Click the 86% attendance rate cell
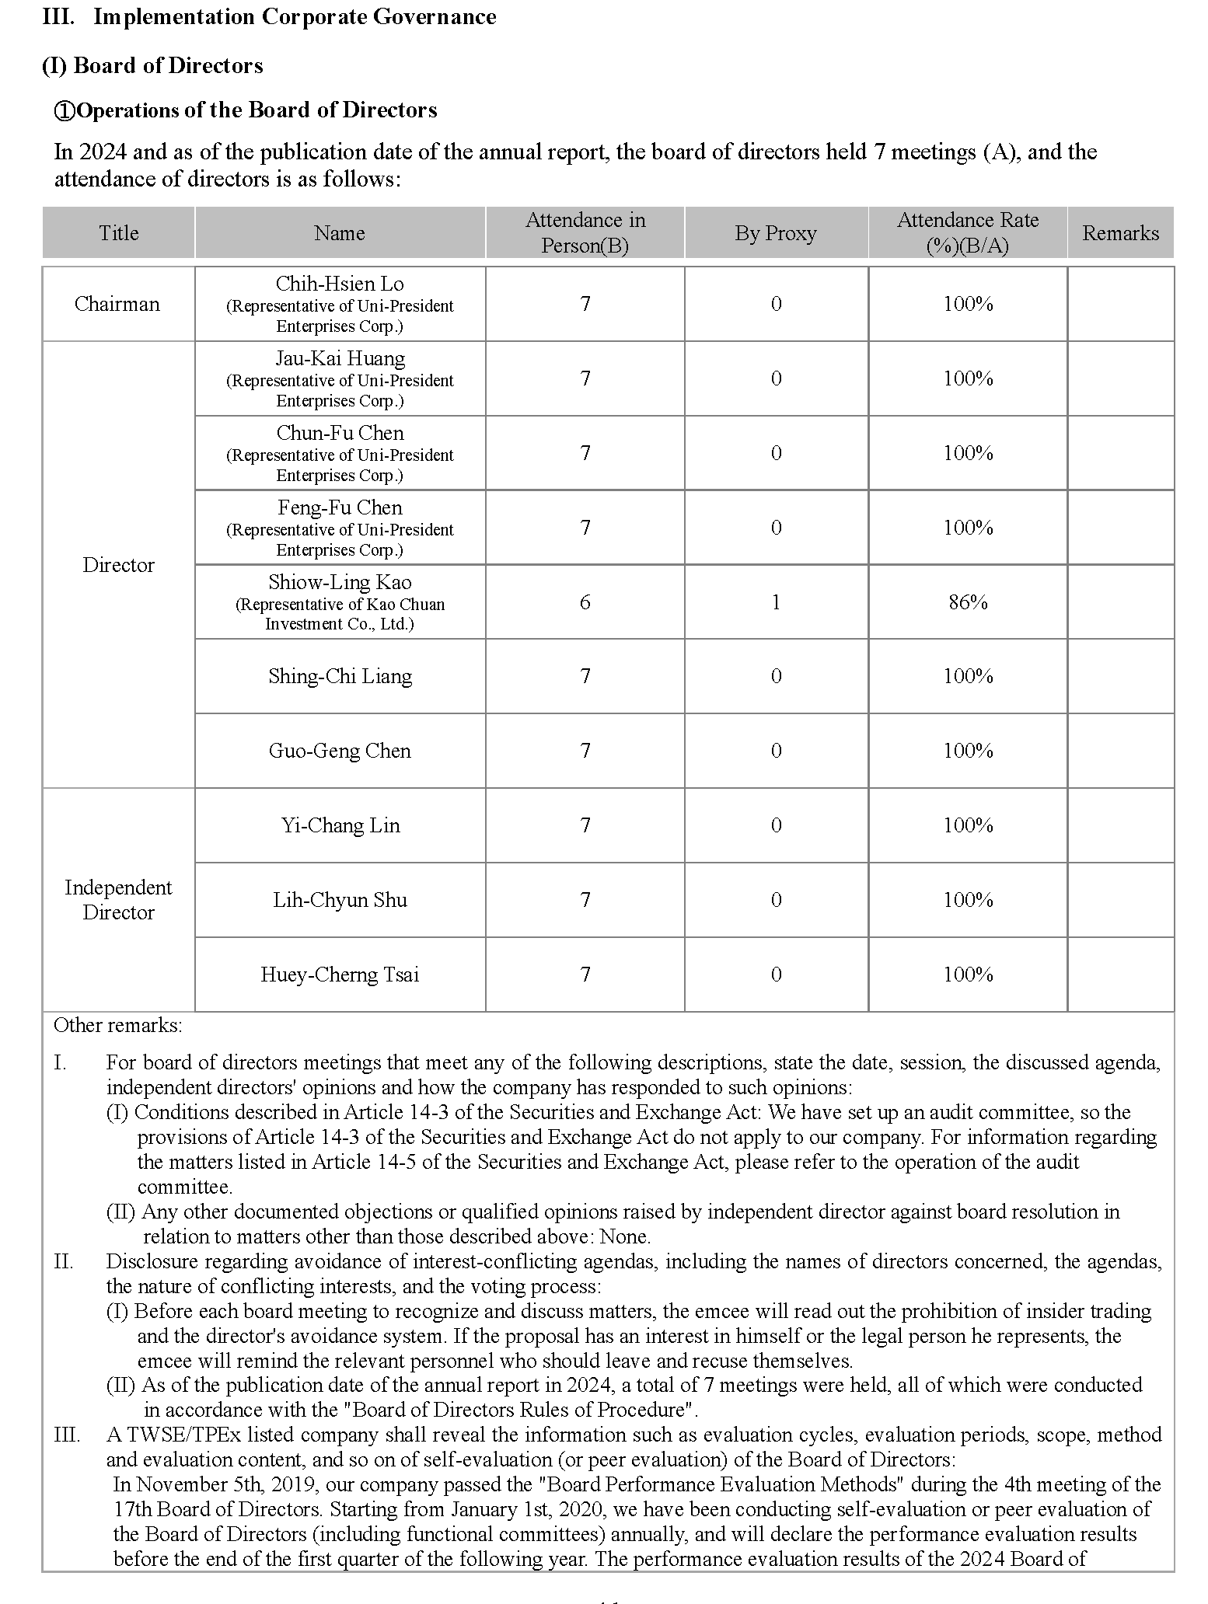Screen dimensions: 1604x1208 968,602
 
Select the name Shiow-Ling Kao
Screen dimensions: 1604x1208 340,582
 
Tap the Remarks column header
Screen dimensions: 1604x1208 1120,233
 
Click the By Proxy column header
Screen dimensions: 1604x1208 776,233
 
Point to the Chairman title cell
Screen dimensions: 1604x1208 117,304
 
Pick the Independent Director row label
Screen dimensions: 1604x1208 118,900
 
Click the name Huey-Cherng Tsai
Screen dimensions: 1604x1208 340,975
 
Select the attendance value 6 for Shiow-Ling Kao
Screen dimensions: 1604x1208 585,602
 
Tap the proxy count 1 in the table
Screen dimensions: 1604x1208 776,602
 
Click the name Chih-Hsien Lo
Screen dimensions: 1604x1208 340,284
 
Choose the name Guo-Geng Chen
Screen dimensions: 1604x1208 340,751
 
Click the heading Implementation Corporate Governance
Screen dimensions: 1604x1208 295,17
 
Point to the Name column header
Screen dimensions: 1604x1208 340,233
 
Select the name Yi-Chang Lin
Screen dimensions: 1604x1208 340,825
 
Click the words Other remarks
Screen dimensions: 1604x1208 118,1026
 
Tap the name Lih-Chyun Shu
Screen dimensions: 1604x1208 340,900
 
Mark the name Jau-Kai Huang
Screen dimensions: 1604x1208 340,358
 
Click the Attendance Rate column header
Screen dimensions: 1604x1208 968,233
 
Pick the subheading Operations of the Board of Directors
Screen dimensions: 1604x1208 257,110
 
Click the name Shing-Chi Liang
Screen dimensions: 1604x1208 340,676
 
